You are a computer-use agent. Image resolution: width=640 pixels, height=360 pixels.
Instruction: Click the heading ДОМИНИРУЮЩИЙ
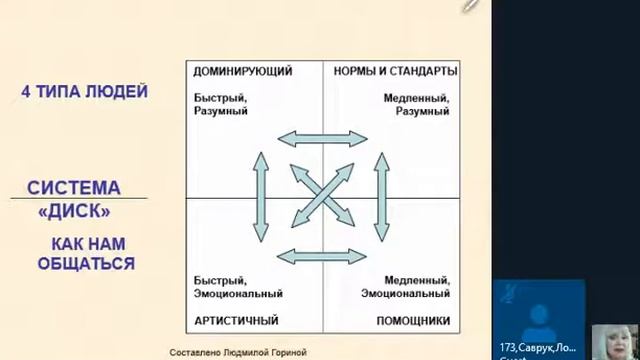(x=243, y=72)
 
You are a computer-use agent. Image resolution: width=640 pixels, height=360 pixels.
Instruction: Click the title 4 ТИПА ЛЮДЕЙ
(x=85, y=92)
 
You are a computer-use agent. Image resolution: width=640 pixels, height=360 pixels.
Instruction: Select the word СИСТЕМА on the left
(x=74, y=188)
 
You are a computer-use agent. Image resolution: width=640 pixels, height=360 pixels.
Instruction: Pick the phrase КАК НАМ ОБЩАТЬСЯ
(x=86, y=254)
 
